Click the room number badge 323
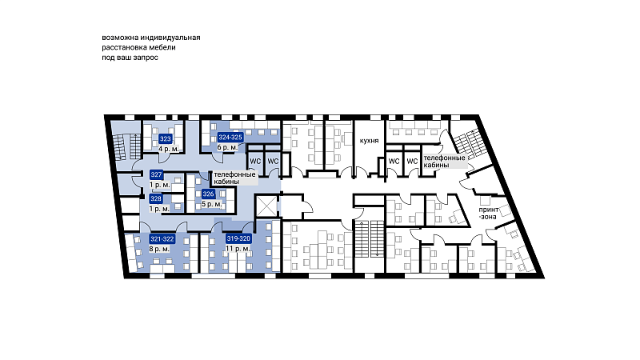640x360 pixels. [x=166, y=138]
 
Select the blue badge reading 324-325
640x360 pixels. [x=230, y=137]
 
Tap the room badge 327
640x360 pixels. [x=156, y=174]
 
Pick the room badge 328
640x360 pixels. [x=156, y=198]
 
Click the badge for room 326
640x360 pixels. [x=208, y=194]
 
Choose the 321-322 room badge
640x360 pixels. [x=162, y=238]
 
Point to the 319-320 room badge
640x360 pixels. [x=238, y=238]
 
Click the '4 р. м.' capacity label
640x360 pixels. [x=169, y=149]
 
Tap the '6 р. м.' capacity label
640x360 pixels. [x=227, y=147]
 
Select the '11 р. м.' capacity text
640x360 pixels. [x=238, y=249]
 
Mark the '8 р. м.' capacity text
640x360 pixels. [x=159, y=249]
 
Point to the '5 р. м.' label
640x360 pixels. [x=212, y=204]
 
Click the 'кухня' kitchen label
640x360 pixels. [x=369, y=141]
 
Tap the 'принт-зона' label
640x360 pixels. [x=488, y=213]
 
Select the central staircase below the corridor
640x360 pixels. [x=369, y=239]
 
